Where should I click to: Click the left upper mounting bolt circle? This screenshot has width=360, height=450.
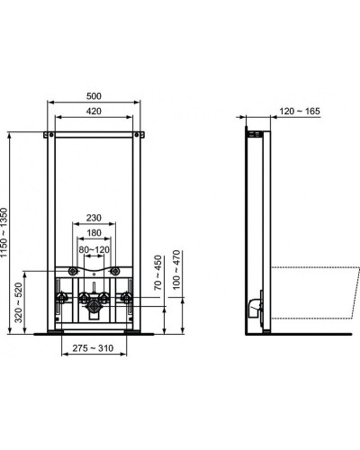coord(71,271)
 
